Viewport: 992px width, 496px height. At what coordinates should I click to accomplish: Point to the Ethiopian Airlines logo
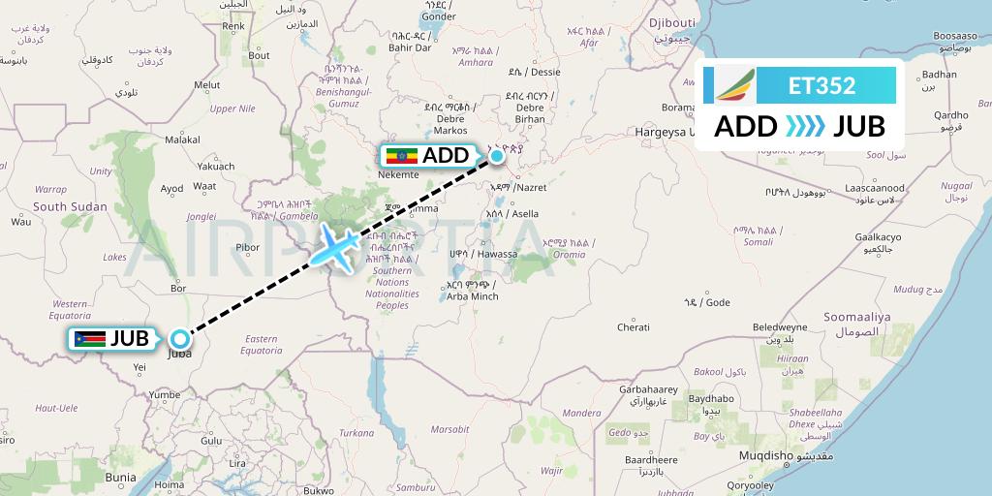(733, 85)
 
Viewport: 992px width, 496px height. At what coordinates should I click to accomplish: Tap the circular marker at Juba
(180, 339)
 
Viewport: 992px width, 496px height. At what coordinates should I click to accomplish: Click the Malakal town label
(182, 139)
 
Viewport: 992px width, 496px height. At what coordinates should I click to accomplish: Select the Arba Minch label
(473, 295)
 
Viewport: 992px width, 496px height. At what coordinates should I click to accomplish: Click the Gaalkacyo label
(879, 237)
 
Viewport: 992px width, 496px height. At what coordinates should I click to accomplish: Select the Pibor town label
(248, 247)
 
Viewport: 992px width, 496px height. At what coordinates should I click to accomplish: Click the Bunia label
(121, 478)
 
